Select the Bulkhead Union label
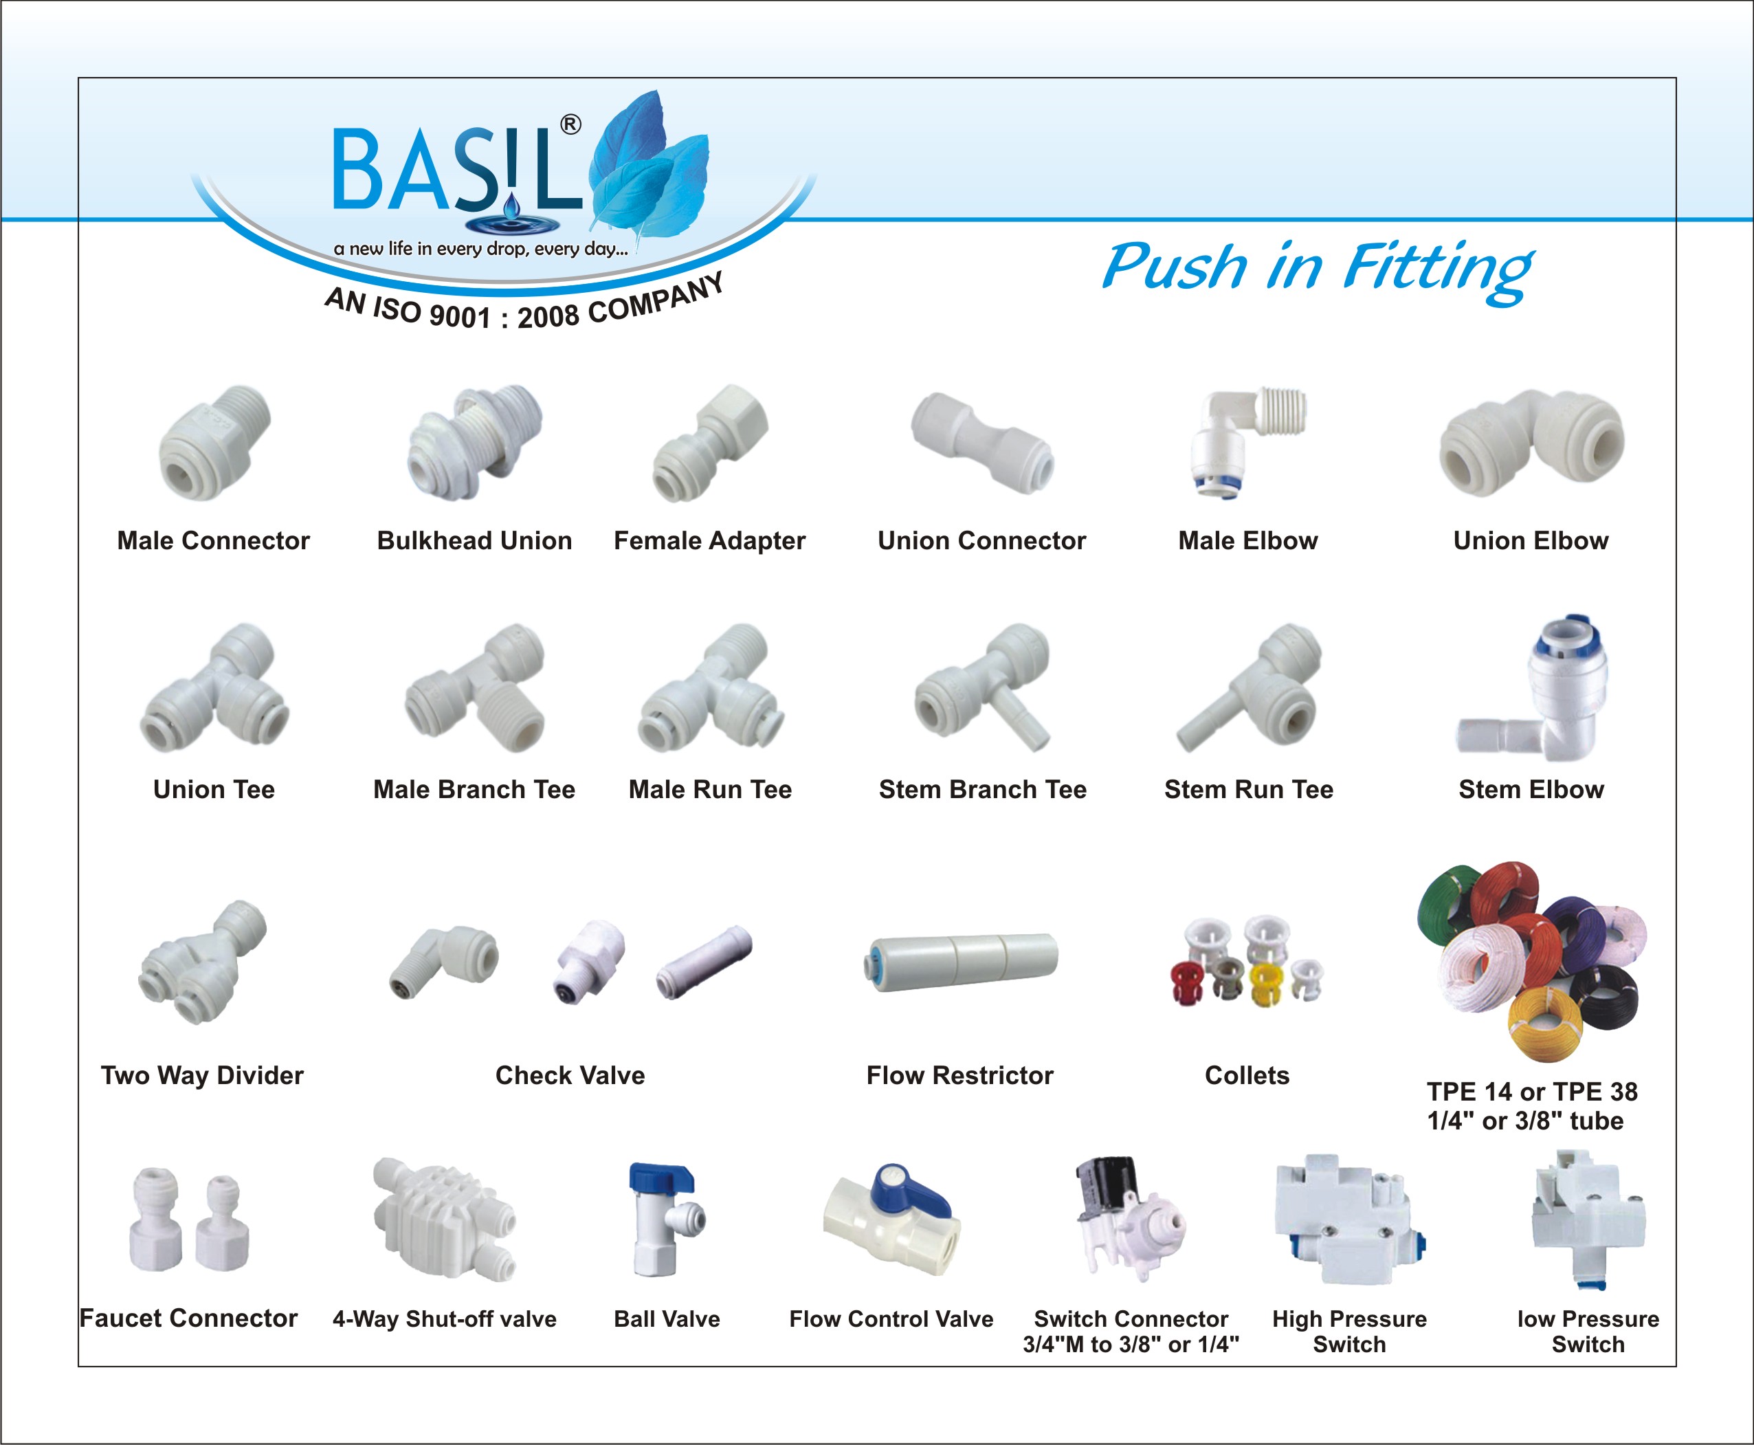click(474, 541)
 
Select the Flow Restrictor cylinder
click(961, 962)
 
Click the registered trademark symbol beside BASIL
click(570, 125)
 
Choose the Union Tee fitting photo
click(214, 687)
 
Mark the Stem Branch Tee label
click(983, 790)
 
